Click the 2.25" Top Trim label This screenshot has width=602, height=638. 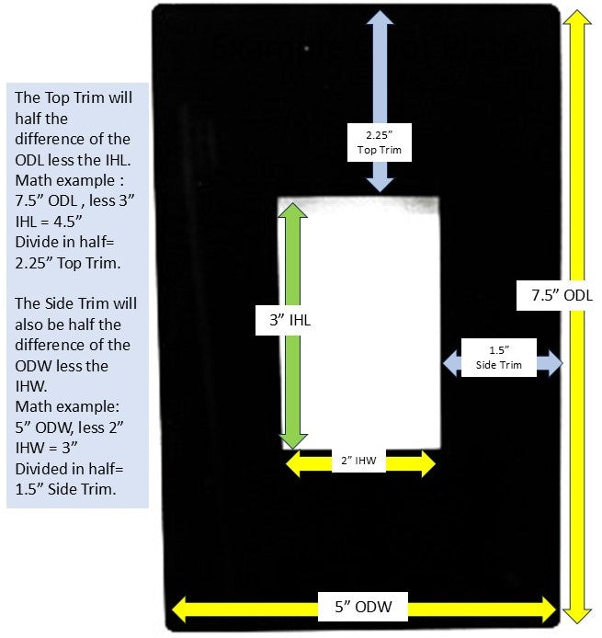pos(379,142)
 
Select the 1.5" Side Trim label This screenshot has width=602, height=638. pos(499,358)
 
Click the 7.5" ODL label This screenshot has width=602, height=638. pos(562,295)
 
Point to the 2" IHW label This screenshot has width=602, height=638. pos(358,460)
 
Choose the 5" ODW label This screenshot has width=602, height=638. pos(364,608)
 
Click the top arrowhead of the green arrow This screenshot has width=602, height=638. pos(292,211)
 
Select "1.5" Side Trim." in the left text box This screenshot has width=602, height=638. pos(64,488)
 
